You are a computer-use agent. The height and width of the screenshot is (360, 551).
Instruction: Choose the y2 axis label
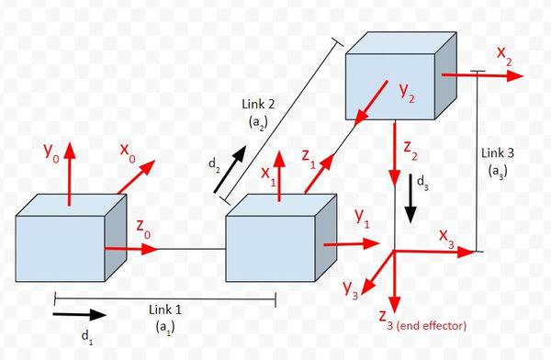[x=410, y=91]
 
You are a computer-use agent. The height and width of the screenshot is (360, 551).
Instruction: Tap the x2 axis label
[x=505, y=54]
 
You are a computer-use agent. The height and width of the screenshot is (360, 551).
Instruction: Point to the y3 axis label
[x=350, y=291]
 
